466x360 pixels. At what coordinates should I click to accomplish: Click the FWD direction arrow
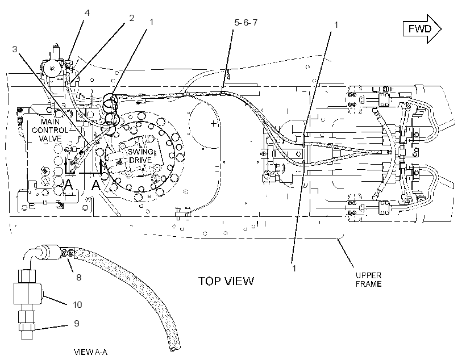[x=422, y=29]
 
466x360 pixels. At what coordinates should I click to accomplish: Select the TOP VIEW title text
[x=226, y=281]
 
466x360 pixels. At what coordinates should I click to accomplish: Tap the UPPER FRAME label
[x=368, y=279]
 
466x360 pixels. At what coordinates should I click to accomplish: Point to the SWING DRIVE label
[x=140, y=156]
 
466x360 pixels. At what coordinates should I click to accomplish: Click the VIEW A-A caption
[x=91, y=352]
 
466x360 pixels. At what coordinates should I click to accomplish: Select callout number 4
[x=87, y=12]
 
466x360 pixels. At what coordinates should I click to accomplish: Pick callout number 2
[x=131, y=18]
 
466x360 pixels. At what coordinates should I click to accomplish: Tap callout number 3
[x=15, y=49]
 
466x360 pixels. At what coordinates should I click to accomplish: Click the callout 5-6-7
[x=246, y=23]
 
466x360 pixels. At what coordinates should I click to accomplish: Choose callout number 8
[x=79, y=278]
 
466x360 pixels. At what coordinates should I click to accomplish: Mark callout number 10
[x=77, y=305]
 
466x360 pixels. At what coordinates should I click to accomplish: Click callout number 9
[x=76, y=324]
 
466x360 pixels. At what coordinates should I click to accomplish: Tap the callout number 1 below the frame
[x=294, y=269]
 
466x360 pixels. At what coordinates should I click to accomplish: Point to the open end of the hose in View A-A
[x=174, y=348]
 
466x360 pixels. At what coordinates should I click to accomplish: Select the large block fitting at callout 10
[x=27, y=294]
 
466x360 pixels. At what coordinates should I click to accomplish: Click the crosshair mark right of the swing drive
[x=213, y=123]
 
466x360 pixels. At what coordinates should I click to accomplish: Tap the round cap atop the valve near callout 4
[x=52, y=69]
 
